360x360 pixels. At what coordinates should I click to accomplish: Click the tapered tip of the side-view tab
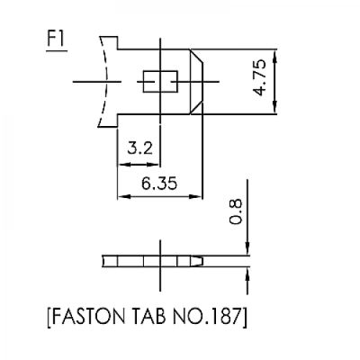pyautogui.click(x=201, y=263)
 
